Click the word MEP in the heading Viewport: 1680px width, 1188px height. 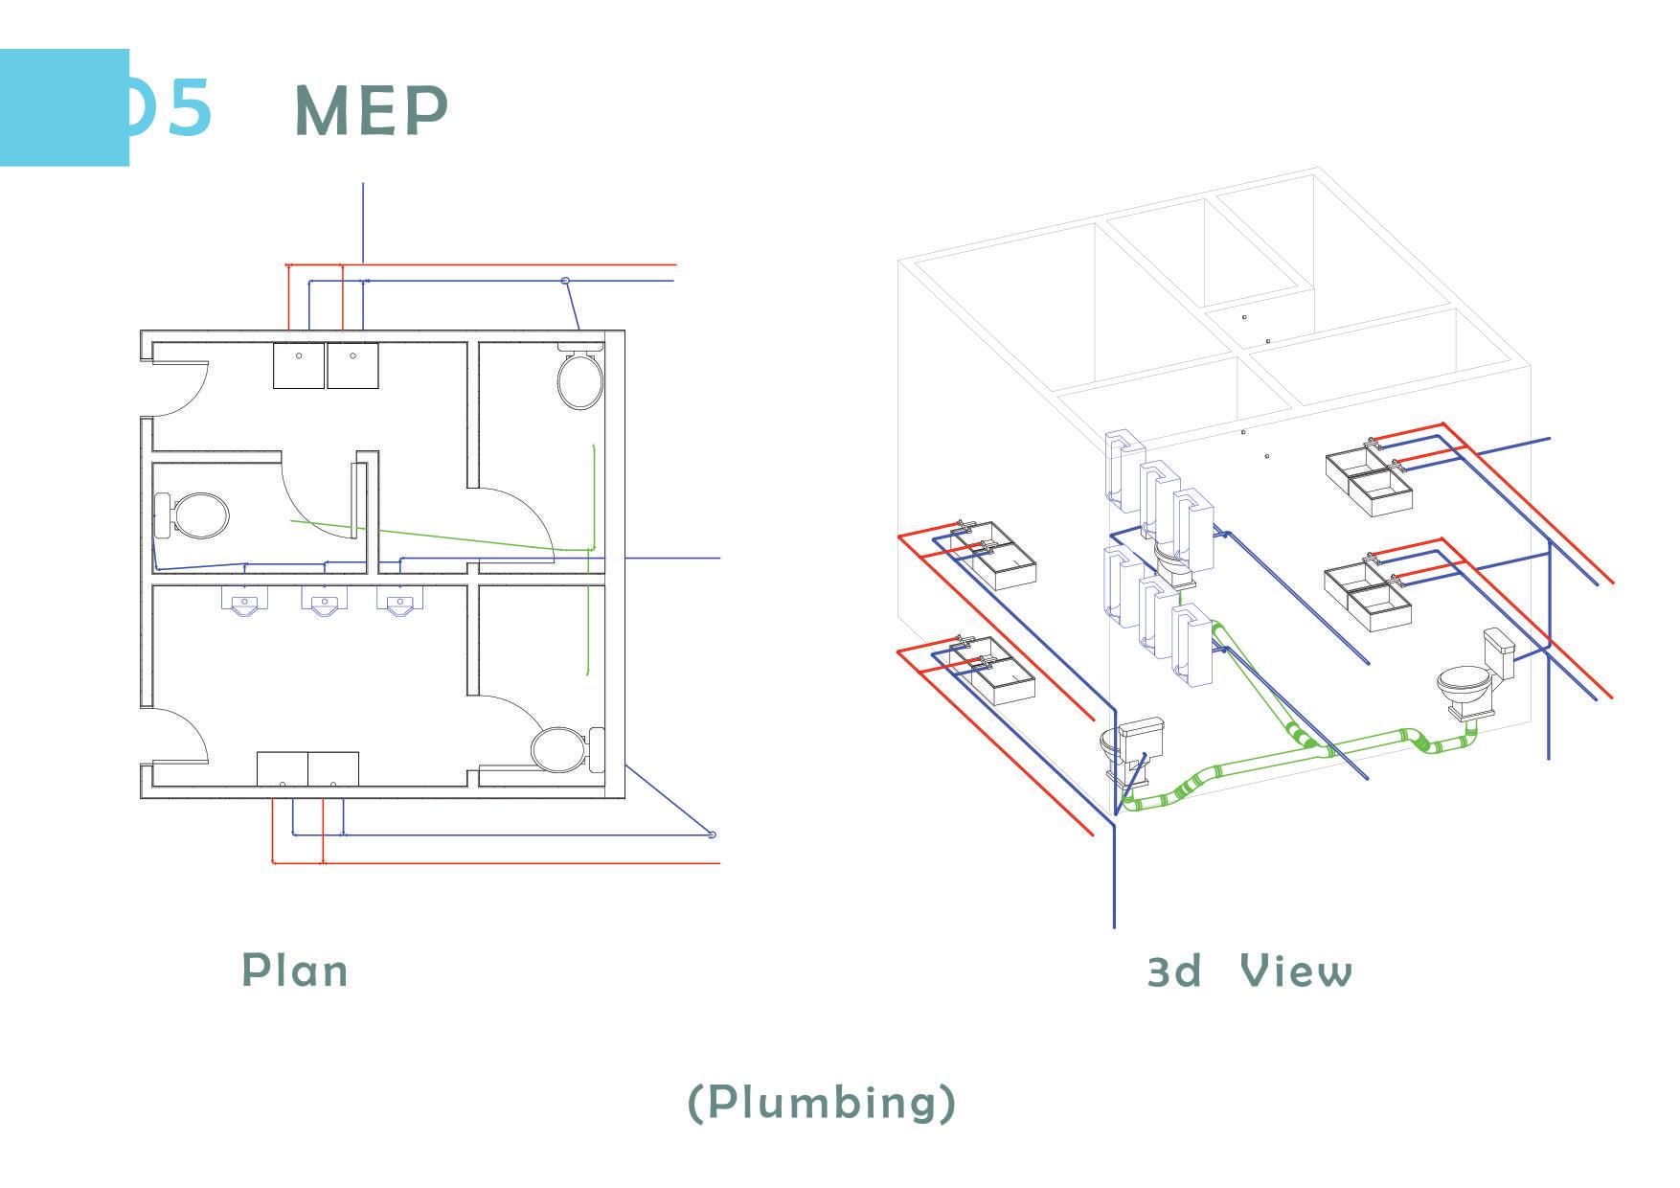[371, 110]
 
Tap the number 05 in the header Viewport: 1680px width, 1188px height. [172, 107]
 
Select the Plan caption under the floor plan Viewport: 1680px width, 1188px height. [294, 970]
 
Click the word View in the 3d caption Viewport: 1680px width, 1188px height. [1296, 971]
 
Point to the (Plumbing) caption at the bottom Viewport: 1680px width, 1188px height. [822, 1102]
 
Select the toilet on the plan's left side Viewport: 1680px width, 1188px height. [194, 514]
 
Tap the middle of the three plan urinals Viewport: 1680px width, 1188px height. [323, 602]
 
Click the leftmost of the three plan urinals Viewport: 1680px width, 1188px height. [244, 602]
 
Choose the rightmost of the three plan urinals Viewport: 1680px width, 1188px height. [398, 602]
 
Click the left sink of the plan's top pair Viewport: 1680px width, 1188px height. [298, 365]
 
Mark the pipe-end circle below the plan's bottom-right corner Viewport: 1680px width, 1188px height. [712, 834]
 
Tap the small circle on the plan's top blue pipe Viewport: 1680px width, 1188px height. [565, 281]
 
